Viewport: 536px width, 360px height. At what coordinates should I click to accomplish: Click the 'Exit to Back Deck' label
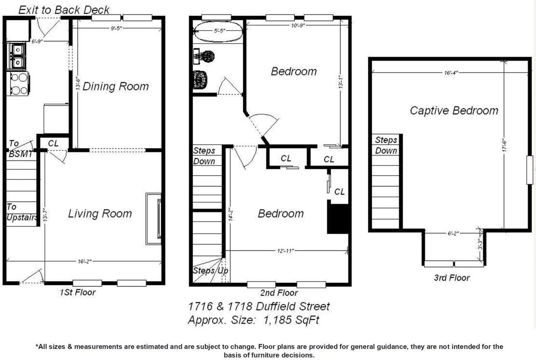click(64, 10)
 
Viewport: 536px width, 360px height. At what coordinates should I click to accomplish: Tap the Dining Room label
click(116, 87)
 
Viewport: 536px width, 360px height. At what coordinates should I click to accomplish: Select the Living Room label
click(100, 214)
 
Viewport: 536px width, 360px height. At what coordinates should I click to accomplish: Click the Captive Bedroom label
click(454, 111)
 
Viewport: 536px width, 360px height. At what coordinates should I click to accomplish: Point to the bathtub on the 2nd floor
click(218, 31)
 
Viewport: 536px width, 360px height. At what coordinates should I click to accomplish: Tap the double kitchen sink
click(17, 56)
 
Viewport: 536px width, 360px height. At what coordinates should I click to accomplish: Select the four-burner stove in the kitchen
click(18, 83)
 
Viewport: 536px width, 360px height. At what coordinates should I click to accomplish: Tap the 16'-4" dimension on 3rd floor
click(451, 73)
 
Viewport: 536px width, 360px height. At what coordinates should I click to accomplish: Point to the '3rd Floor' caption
click(451, 277)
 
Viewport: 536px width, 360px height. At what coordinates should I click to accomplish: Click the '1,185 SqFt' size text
click(291, 320)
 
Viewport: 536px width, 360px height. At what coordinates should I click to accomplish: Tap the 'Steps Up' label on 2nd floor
click(210, 271)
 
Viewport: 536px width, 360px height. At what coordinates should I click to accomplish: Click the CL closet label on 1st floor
click(53, 143)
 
